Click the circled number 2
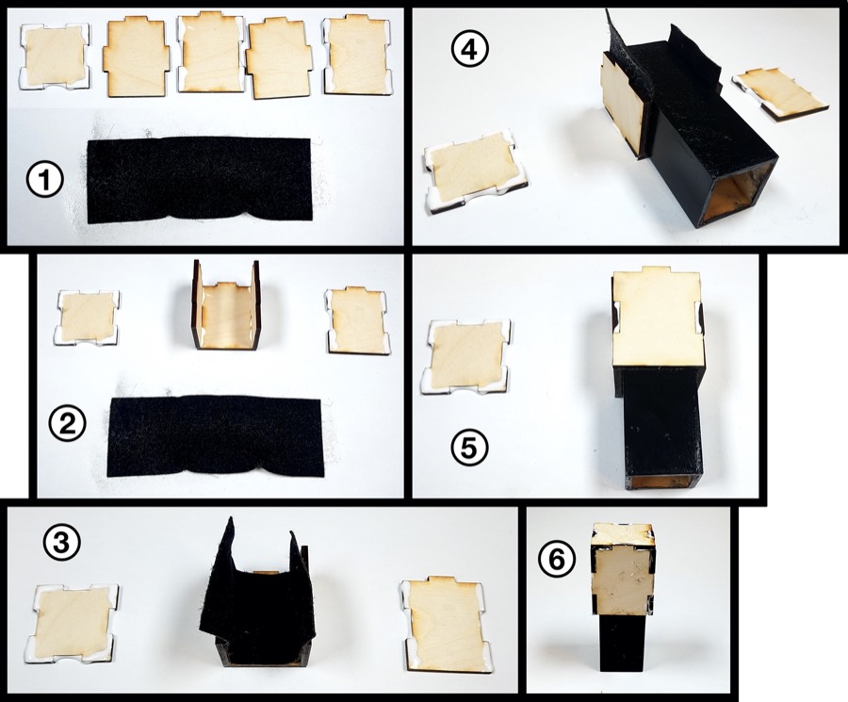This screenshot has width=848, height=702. tap(67, 425)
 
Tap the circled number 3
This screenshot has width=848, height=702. tap(62, 542)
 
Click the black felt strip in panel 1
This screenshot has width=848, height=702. tap(199, 179)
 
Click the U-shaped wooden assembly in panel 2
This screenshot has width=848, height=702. tap(226, 306)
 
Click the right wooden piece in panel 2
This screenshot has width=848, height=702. tap(359, 319)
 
